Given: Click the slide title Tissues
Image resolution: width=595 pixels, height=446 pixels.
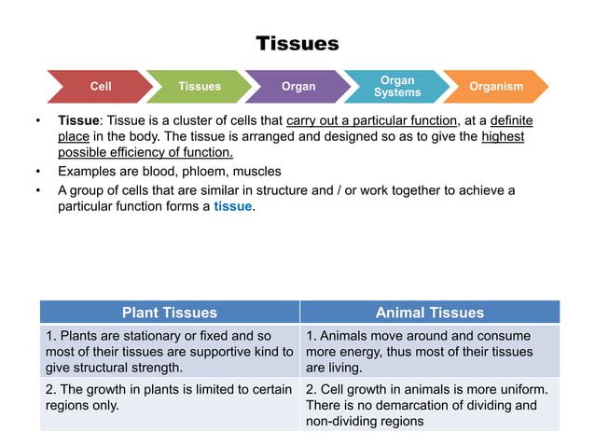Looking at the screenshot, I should (297, 44).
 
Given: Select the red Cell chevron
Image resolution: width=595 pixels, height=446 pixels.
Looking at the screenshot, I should (100, 87).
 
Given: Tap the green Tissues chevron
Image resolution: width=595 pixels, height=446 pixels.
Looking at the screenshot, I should (200, 87).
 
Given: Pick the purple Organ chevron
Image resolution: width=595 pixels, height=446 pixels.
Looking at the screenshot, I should (298, 87).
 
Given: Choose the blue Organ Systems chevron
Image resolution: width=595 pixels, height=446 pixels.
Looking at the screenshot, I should (397, 87).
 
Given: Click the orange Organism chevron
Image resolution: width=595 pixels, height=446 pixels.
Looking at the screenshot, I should (495, 87).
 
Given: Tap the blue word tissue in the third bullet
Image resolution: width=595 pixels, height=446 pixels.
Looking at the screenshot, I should (232, 206).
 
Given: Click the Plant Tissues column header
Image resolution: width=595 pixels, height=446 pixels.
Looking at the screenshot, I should (169, 313).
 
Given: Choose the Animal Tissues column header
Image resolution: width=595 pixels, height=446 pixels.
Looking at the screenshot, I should (429, 313).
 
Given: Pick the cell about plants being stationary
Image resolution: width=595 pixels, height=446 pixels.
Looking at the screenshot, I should (169, 352).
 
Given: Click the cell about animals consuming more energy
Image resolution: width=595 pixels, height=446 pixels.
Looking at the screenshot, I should (429, 352).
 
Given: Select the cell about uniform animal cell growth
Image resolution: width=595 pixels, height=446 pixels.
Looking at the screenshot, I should (429, 405).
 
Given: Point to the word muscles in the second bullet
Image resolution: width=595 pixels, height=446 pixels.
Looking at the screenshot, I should (256, 172).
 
